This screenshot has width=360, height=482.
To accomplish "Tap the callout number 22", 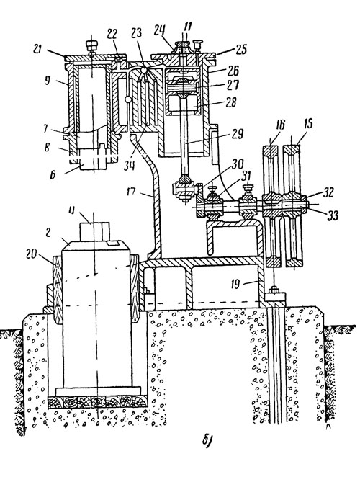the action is pyautogui.click(x=112, y=34).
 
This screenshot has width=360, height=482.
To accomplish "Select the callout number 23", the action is pyautogui.click(x=137, y=32).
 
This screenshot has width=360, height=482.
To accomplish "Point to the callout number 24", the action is pyautogui.click(x=160, y=30).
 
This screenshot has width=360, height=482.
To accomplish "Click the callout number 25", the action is pyautogui.click(x=241, y=49).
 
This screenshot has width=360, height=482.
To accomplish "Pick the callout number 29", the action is pyautogui.click(x=237, y=134).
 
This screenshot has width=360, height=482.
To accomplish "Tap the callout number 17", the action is pyautogui.click(x=131, y=193).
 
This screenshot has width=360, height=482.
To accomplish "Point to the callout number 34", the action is pyautogui.click(x=130, y=166).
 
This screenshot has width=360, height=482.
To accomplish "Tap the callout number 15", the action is pyautogui.click(x=307, y=124).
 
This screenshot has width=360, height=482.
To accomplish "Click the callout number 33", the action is pyautogui.click(x=333, y=215).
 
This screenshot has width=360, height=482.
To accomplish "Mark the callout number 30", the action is pyautogui.click(x=237, y=164).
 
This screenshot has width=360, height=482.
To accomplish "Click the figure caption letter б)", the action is pyautogui.click(x=207, y=441).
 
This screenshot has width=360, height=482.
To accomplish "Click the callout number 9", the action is pyautogui.click(x=47, y=81).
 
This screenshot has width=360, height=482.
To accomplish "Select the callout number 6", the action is pyautogui.click(x=53, y=175).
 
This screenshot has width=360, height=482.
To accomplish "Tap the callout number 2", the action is pyautogui.click(x=48, y=233).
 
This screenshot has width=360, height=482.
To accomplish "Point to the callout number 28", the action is pyautogui.click(x=230, y=102).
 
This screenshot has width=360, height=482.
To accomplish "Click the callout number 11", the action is pyautogui.click(x=187, y=27).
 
